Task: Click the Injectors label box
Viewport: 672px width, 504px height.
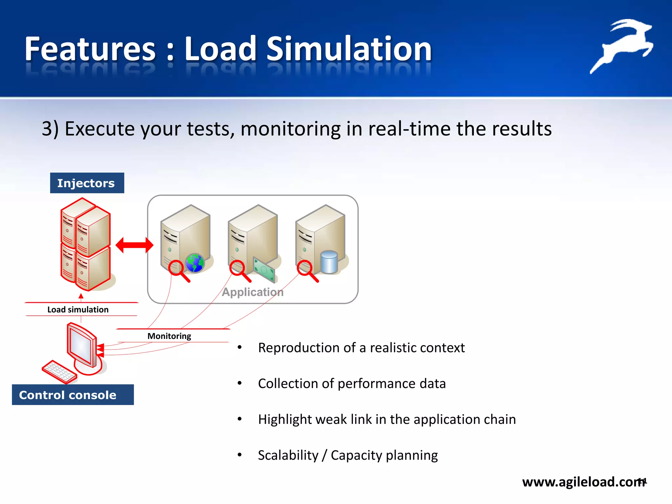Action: pos(87,183)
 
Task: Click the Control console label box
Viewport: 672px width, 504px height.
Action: pos(73,395)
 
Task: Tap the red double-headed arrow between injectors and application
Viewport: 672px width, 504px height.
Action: pos(135,245)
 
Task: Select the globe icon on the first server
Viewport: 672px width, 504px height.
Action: pos(195,263)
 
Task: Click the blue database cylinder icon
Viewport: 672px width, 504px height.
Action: pos(329,262)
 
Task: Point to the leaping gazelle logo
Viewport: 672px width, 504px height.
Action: pos(621,45)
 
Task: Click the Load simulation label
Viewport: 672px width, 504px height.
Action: pos(78,309)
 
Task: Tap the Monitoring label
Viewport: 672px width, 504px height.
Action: pos(169,336)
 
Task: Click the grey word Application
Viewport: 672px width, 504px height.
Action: pos(253,292)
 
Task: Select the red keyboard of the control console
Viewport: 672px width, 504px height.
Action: pos(59,372)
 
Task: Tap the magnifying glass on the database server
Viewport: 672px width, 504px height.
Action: pos(307,270)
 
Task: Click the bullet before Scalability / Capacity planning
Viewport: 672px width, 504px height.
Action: pos(240,455)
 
